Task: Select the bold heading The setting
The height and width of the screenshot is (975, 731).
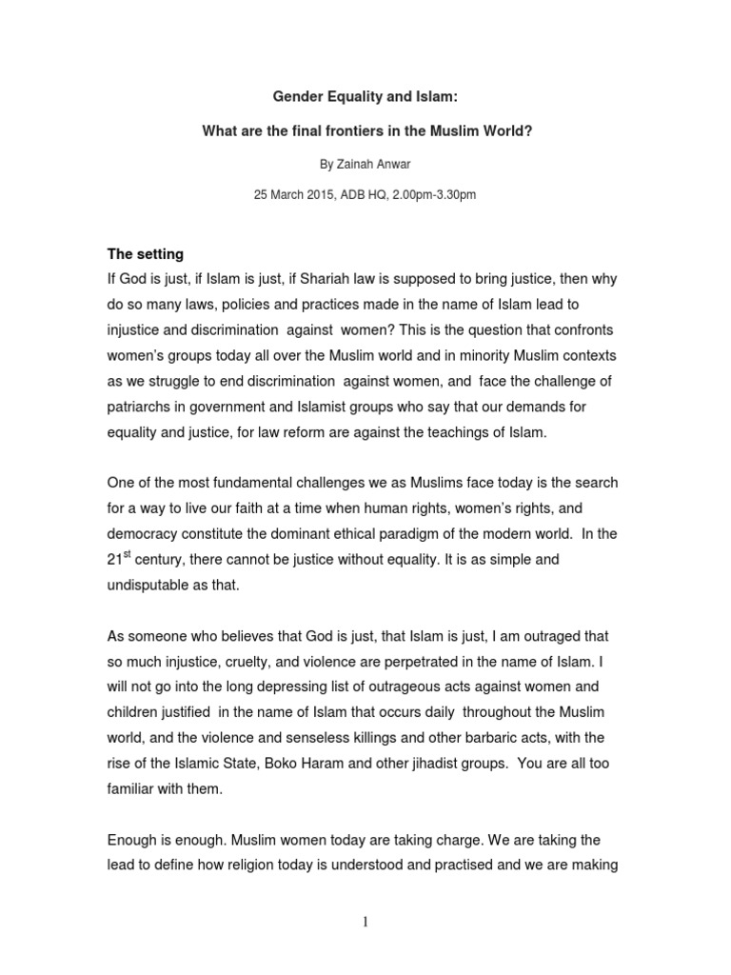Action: click(x=145, y=255)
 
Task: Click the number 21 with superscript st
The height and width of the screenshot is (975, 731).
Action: click(x=118, y=561)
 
